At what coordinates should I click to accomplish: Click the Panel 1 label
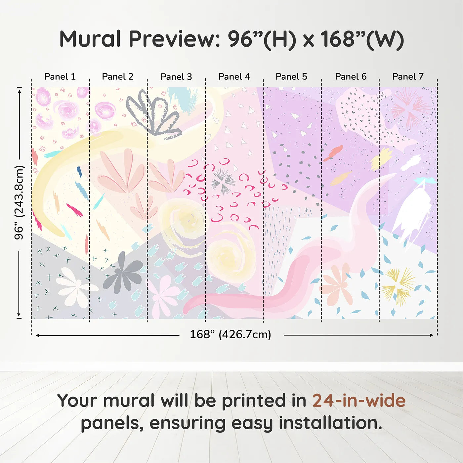[60, 77]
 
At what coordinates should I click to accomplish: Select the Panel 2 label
[117, 77]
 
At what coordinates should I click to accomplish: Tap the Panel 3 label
[176, 77]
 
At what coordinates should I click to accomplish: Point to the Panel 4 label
[234, 77]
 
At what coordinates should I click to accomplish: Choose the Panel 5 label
[291, 77]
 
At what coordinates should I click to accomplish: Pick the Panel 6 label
[351, 77]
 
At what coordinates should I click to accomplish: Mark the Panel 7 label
[408, 77]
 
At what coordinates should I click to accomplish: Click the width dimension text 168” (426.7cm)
[230, 334]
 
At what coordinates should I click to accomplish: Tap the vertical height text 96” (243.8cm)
[19, 202]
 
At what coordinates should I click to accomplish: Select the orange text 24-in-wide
[359, 400]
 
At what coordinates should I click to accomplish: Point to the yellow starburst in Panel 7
[398, 285]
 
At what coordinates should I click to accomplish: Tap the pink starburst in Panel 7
[410, 107]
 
